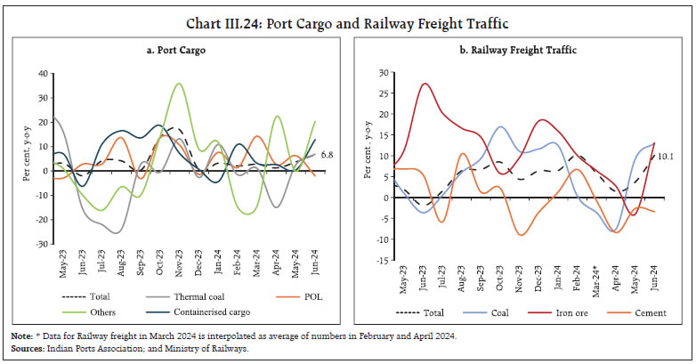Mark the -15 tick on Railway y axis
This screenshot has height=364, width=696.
[x=383, y=261]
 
